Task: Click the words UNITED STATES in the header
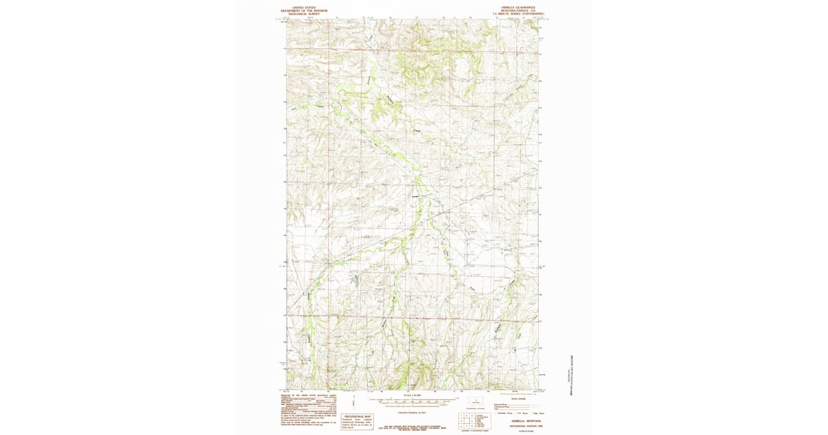click(x=304, y=8)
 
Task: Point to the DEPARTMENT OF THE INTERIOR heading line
click(x=304, y=10)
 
